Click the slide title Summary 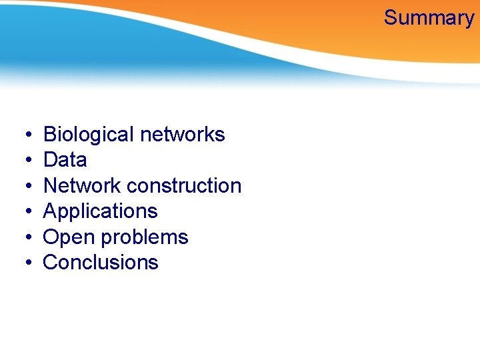[429, 18]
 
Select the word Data [65, 160]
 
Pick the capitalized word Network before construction [81, 185]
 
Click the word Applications [100, 212]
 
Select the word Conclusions [101, 263]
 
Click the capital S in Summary [391, 18]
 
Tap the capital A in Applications [50, 211]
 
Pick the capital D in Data [50, 160]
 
